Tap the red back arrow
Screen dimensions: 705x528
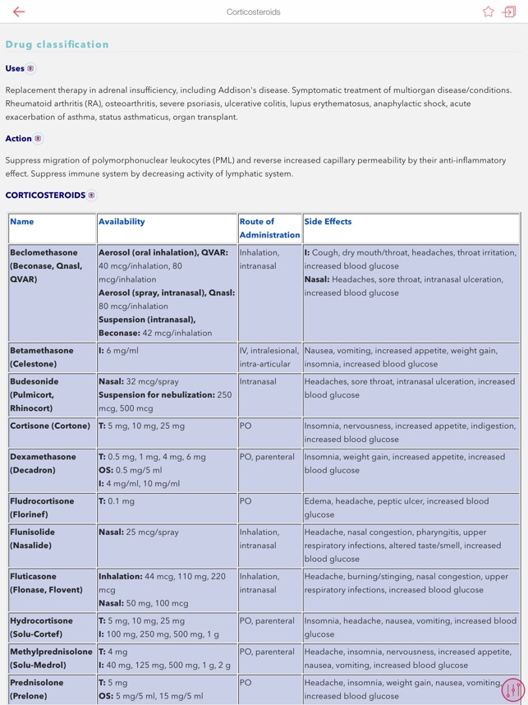[19, 12]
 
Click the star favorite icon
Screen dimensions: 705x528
[489, 12]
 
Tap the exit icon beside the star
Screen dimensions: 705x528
[509, 12]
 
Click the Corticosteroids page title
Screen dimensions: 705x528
[254, 12]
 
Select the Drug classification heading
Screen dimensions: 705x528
[57, 44]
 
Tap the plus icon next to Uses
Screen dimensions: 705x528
[31, 69]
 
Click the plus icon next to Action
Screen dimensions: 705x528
[38, 139]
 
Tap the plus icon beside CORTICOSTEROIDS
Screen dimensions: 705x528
[92, 196]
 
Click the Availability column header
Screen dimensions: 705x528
[122, 222]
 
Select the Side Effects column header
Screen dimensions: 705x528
[328, 222]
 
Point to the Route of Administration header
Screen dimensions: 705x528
[269, 228]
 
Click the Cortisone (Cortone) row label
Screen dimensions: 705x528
[50, 426]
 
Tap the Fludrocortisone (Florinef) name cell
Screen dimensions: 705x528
[42, 508]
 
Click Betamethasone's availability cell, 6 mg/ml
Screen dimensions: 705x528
[118, 351]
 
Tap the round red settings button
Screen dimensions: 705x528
[513, 690]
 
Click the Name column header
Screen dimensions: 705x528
[22, 222]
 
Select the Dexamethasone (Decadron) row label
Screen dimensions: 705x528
[44, 463]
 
